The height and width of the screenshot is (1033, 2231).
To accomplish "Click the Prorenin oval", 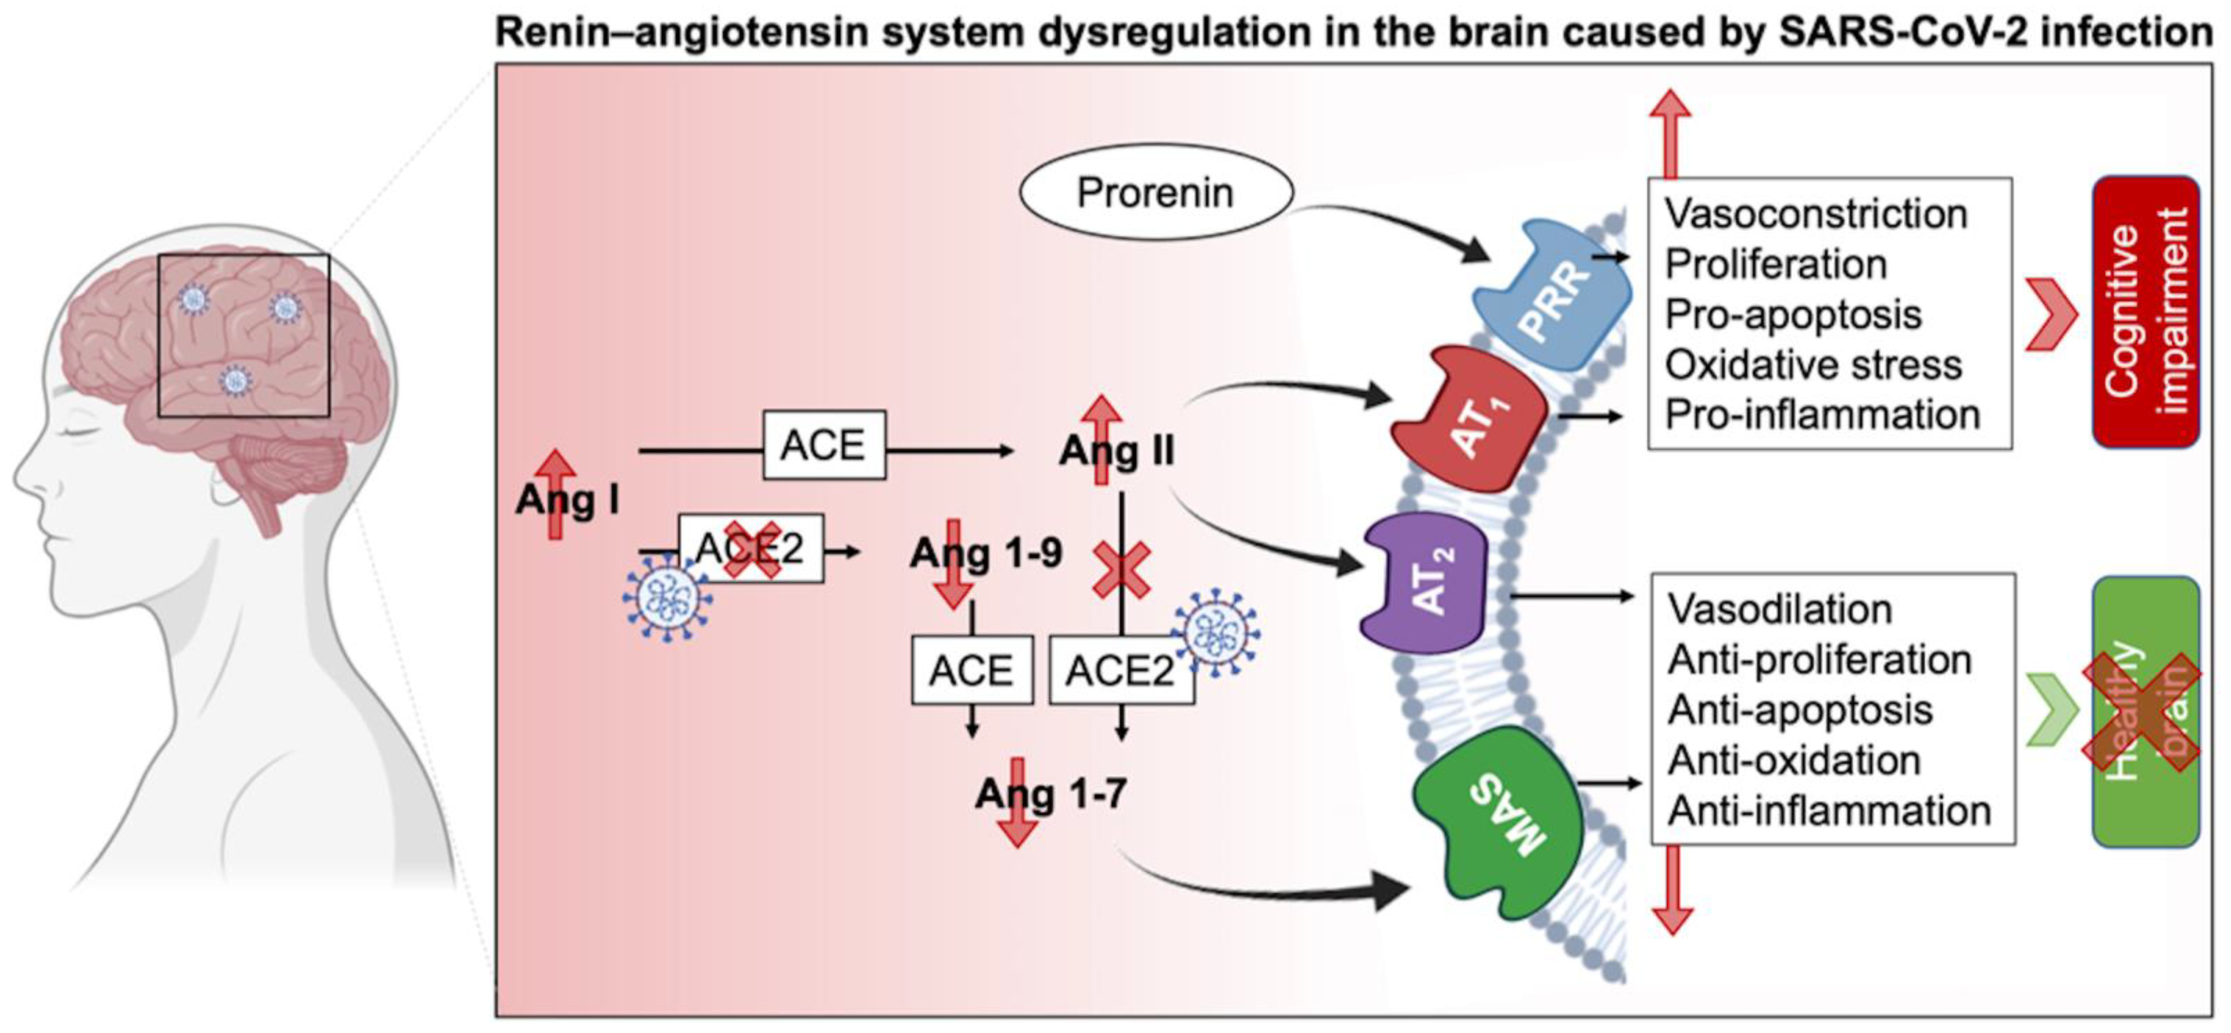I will click(1155, 192).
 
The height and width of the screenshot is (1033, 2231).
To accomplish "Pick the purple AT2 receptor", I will click(1425, 582).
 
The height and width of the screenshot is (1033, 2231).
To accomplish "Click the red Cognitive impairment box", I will click(2146, 312).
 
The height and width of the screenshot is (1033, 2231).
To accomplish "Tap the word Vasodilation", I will click(1780, 609).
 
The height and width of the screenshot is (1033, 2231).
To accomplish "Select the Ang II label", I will click(1116, 450).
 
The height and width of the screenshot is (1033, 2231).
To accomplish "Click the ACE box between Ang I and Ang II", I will click(823, 445).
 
